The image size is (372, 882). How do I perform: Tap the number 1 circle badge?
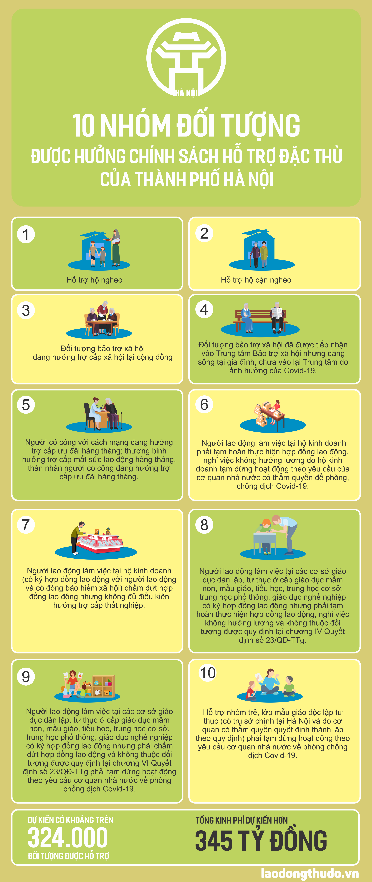pos(26,234)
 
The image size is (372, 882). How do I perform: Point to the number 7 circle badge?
pos(26,525)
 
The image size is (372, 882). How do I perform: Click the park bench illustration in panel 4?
pos(260,320)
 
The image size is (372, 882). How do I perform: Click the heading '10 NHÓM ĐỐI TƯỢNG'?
pos(186,125)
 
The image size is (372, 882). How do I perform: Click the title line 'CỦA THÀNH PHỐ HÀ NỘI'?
pos(187,179)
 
